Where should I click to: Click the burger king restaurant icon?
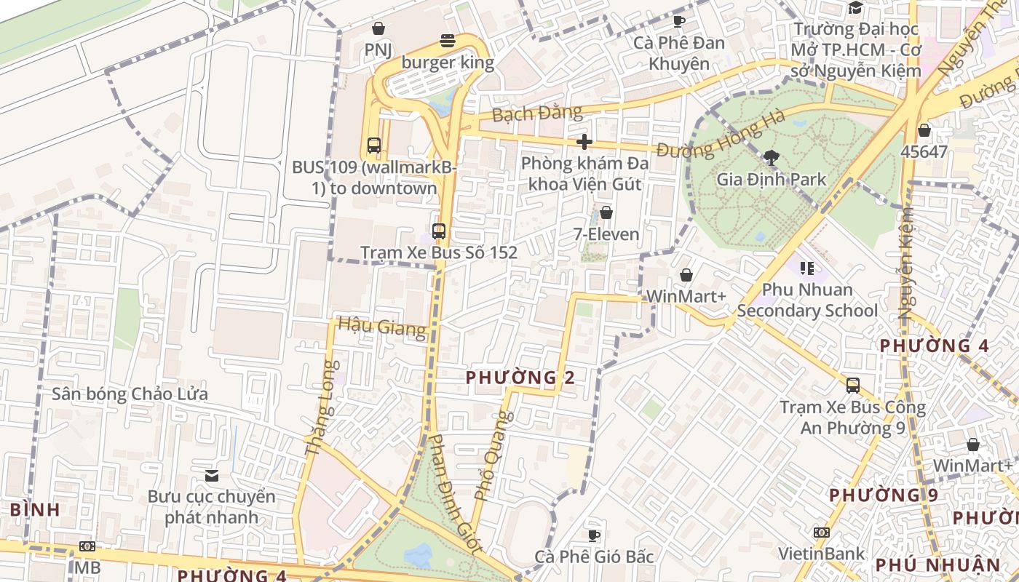pyautogui.click(x=448, y=41)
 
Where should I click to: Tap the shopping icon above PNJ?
pyautogui.click(x=378, y=28)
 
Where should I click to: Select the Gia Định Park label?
pyautogui.click(x=771, y=179)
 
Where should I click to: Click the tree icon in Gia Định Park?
pyautogui.click(x=771, y=157)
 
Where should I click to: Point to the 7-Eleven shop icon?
pyautogui.click(x=606, y=212)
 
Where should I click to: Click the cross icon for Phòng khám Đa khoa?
pyautogui.click(x=584, y=142)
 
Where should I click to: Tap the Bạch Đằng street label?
pyautogui.click(x=536, y=113)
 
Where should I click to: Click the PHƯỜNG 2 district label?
pyautogui.click(x=520, y=378)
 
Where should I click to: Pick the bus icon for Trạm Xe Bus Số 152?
pyautogui.click(x=439, y=231)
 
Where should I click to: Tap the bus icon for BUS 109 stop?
pyautogui.click(x=374, y=145)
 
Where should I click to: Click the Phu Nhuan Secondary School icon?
pyautogui.click(x=806, y=268)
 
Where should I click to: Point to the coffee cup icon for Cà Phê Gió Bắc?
pyautogui.click(x=594, y=535)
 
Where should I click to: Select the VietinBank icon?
pyautogui.click(x=821, y=533)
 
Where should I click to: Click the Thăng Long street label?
pyautogui.click(x=322, y=408)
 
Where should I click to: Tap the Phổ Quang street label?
pyautogui.click(x=493, y=456)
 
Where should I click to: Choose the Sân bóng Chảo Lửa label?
pyautogui.click(x=130, y=394)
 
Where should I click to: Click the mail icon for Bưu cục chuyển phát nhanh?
pyautogui.click(x=212, y=476)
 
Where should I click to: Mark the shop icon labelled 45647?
pyautogui.click(x=924, y=131)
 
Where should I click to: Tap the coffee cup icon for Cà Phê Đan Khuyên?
pyautogui.click(x=679, y=21)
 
